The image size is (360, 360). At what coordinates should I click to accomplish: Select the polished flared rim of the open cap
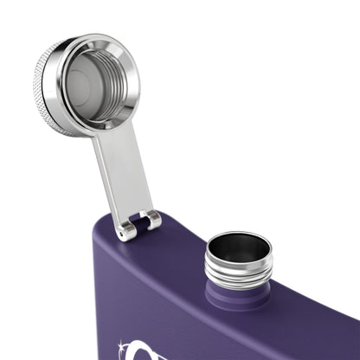click(x=130, y=95)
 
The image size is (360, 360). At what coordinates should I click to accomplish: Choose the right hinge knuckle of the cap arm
click(x=153, y=221)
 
